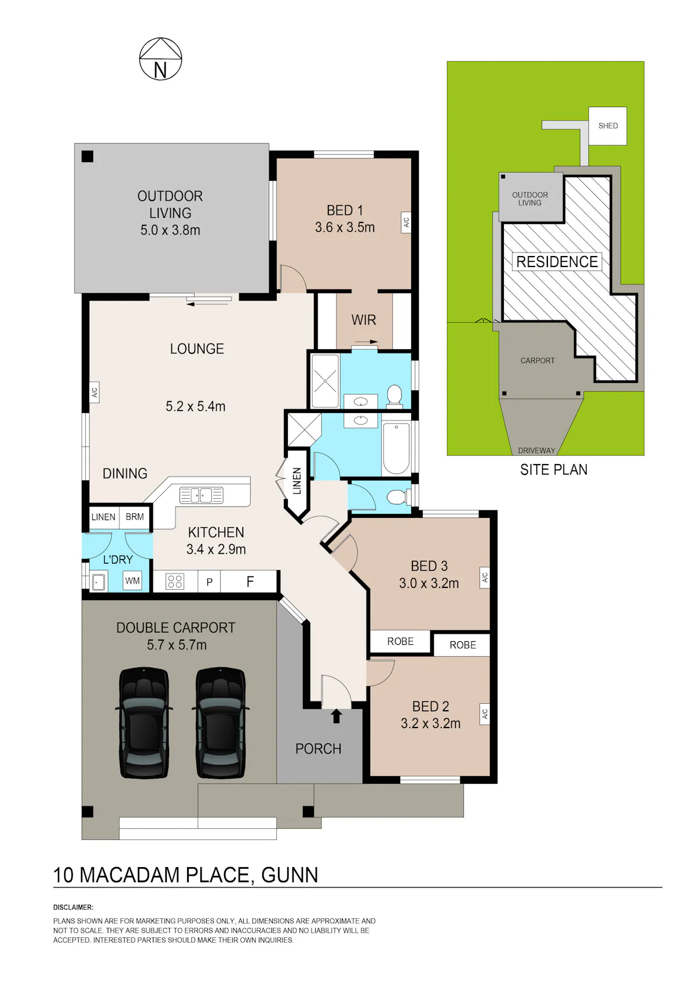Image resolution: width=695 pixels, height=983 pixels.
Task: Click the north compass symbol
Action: coord(160,59)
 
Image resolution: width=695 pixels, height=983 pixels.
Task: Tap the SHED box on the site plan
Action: coord(607,126)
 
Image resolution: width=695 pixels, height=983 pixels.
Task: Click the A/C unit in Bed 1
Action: coord(406,222)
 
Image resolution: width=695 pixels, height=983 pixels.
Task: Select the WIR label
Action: coord(364,320)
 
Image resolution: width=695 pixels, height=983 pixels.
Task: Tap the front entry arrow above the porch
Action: coord(336,716)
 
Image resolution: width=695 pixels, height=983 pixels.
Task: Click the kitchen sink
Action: coord(202,495)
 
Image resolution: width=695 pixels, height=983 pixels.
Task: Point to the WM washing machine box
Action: coord(132,581)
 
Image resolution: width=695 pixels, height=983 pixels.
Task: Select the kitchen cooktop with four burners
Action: coord(175,582)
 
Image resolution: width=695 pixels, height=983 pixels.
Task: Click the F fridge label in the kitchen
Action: coord(250,582)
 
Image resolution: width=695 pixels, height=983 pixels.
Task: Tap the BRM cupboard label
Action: coord(135,517)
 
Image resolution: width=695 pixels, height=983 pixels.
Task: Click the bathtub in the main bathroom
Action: coord(396,448)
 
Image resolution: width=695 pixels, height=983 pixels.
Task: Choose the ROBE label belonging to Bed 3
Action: coord(400,642)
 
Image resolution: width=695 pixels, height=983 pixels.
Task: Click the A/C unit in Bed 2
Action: coord(484,714)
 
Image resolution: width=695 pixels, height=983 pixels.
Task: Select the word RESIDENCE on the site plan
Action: coord(557,262)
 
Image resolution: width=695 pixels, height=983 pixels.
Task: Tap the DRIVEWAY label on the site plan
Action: coord(536,451)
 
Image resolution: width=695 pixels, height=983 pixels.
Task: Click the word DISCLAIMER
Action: coord(74,907)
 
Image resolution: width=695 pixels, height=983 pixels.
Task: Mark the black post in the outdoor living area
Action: coord(87,156)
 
